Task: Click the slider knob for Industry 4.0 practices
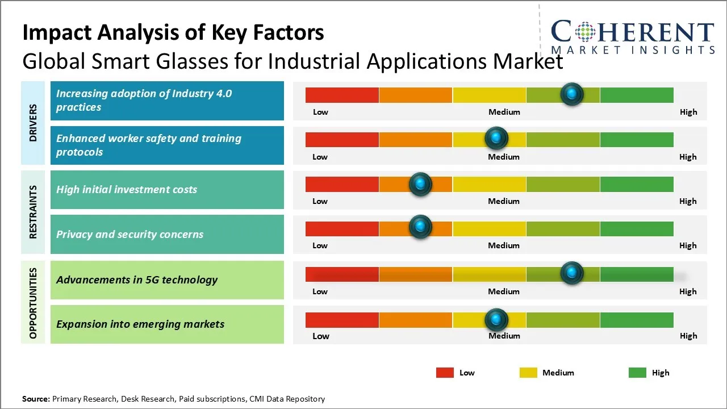tap(572, 94)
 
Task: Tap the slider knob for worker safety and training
tap(496, 138)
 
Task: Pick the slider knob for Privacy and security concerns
tap(420, 227)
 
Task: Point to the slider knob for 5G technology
tap(572, 273)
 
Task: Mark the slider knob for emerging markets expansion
tap(496, 320)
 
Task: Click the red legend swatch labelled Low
tap(445, 373)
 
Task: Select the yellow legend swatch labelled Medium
tap(528, 373)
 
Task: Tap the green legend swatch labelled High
tap(637, 373)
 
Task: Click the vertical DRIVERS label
tap(33, 123)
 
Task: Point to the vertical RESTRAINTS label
tap(33, 212)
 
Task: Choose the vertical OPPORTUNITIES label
tap(33, 303)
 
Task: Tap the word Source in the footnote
tap(35, 399)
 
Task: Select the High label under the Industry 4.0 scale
tap(688, 112)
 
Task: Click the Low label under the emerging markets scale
tap(320, 336)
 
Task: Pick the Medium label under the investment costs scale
tap(504, 201)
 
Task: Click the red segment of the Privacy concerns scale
tap(342, 229)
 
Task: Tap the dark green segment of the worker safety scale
tap(637, 139)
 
